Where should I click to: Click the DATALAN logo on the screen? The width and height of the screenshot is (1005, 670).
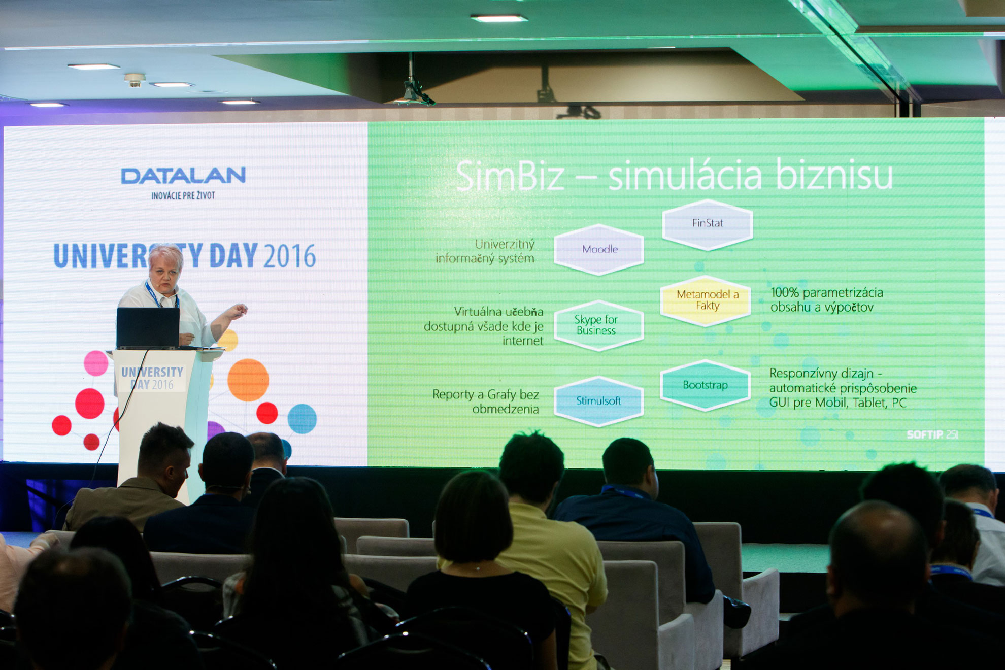(183, 176)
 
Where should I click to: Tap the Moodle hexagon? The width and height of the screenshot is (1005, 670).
(599, 249)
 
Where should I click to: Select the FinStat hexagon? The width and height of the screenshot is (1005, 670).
(708, 224)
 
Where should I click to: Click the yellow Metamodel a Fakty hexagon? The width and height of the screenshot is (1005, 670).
(706, 300)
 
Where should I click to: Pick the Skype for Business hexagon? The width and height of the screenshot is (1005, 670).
(599, 325)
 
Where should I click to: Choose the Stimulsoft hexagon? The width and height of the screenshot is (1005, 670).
(599, 401)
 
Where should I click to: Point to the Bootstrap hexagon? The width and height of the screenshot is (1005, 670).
(706, 385)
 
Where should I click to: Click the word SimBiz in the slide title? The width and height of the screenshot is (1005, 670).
(510, 176)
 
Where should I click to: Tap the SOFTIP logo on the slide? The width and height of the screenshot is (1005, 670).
(932, 434)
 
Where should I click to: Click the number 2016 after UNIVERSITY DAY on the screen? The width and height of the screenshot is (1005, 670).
(290, 256)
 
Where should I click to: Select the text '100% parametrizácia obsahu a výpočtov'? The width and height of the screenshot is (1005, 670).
(826, 299)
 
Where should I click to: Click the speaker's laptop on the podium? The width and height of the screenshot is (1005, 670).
(148, 328)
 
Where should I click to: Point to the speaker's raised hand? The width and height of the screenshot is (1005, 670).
(236, 311)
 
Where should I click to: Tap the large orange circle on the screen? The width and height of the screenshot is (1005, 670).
(248, 380)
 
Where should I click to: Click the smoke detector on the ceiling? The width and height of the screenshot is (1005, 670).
(135, 80)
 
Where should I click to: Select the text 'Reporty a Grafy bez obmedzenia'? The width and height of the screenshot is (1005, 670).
(485, 401)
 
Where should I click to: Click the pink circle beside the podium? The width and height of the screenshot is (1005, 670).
(96, 363)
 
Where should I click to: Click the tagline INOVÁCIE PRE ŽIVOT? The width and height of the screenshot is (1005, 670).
(183, 195)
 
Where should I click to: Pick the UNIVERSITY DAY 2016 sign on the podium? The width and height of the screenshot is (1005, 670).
(152, 379)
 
